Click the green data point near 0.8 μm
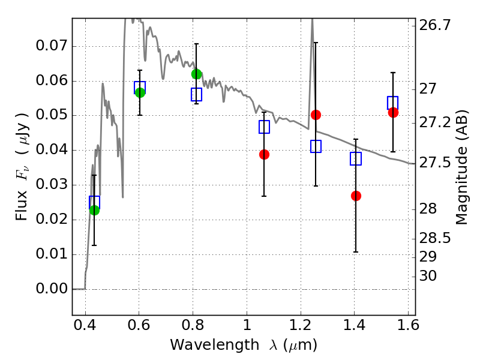196,74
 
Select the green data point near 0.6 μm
140,92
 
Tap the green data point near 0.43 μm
94,210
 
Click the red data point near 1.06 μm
264,154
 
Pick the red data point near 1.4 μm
356,196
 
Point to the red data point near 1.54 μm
393,112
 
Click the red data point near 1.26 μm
316,115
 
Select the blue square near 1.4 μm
356,159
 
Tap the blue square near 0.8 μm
196,94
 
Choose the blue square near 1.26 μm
316,146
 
